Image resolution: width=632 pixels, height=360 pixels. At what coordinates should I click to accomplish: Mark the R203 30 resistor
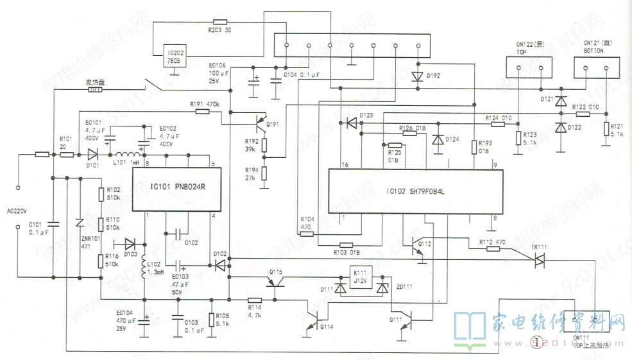click(x=220, y=22)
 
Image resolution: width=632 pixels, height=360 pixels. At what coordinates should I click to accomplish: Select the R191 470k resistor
click(x=202, y=112)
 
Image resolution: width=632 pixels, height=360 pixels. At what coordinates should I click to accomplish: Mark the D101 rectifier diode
click(x=92, y=155)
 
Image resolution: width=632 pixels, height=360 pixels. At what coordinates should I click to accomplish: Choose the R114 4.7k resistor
click(x=255, y=299)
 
